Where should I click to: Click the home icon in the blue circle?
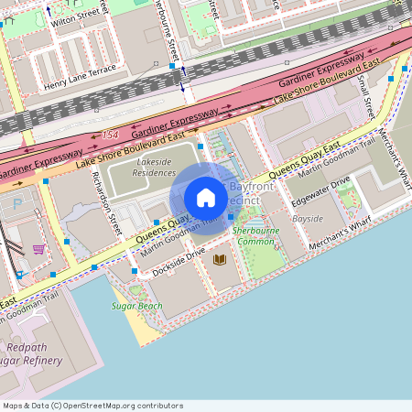[206, 198]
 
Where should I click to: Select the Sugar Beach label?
[137, 306]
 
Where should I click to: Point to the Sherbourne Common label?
[255, 235]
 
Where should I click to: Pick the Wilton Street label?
[75, 17]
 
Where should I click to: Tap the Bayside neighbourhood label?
[308, 219]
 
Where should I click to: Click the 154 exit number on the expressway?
[112, 135]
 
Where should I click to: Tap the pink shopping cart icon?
[38, 248]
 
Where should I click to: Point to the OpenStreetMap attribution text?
[92, 406]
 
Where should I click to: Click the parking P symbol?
[16, 205]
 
